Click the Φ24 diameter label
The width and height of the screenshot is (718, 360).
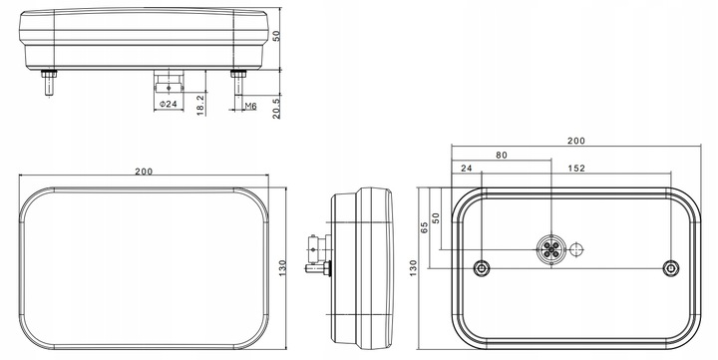coord(169,105)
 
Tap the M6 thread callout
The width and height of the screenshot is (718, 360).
coord(250,107)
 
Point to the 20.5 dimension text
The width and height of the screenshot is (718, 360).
coord(276,109)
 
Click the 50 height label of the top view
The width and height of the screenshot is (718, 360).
coord(276,36)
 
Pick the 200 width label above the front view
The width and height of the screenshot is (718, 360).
coord(144,172)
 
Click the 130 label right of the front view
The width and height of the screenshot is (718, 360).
coord(282,268)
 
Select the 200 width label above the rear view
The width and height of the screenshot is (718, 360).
coord(576,141)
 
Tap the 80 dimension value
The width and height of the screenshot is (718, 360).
coord(502,156)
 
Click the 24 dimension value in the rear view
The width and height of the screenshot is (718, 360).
coord(466,169)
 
